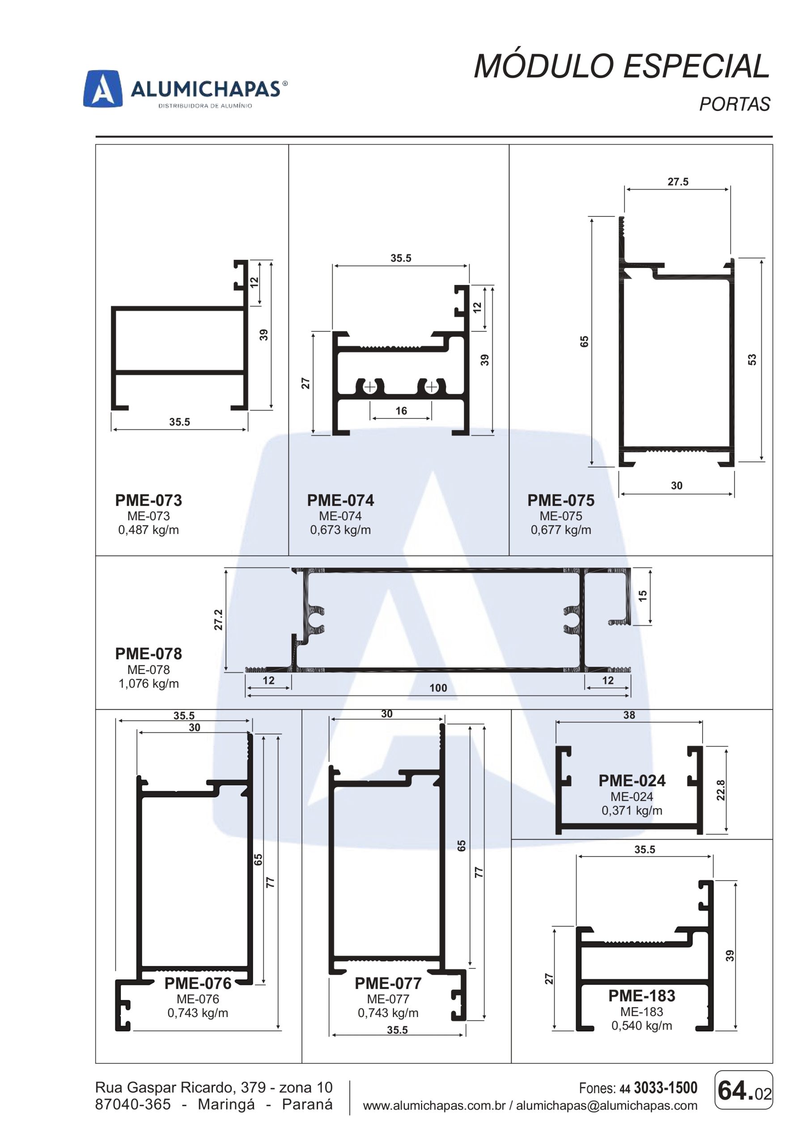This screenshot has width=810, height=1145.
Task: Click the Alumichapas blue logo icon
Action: coord(103,88)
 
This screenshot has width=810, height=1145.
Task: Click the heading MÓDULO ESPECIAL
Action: coord(622,66)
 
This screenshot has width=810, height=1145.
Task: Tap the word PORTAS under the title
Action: coord(735,104)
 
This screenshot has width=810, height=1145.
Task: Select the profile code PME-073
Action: coord(148,500)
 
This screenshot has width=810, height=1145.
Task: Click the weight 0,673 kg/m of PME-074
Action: coord(341,530)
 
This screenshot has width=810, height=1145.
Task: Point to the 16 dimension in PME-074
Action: coord(401,411)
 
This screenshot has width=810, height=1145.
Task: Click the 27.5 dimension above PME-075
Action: coord(678,182)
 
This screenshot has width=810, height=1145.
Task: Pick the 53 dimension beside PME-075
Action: coord(752,359)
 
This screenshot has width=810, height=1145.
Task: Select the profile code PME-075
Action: coord(561,500)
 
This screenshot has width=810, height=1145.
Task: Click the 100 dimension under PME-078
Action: coord(438,688)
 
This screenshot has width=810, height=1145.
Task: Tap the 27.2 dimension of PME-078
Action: coord(218,620)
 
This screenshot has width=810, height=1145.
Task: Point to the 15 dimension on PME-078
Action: coord(642,595)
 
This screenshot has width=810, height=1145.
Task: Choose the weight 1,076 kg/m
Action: coord(148,683)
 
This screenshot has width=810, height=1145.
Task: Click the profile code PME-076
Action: coord(198,983)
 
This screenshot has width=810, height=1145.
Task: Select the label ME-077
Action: coord(388,999)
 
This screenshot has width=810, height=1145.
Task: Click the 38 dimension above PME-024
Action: coord(629,715)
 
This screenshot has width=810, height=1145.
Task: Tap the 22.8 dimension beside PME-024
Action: coord(720,790)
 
